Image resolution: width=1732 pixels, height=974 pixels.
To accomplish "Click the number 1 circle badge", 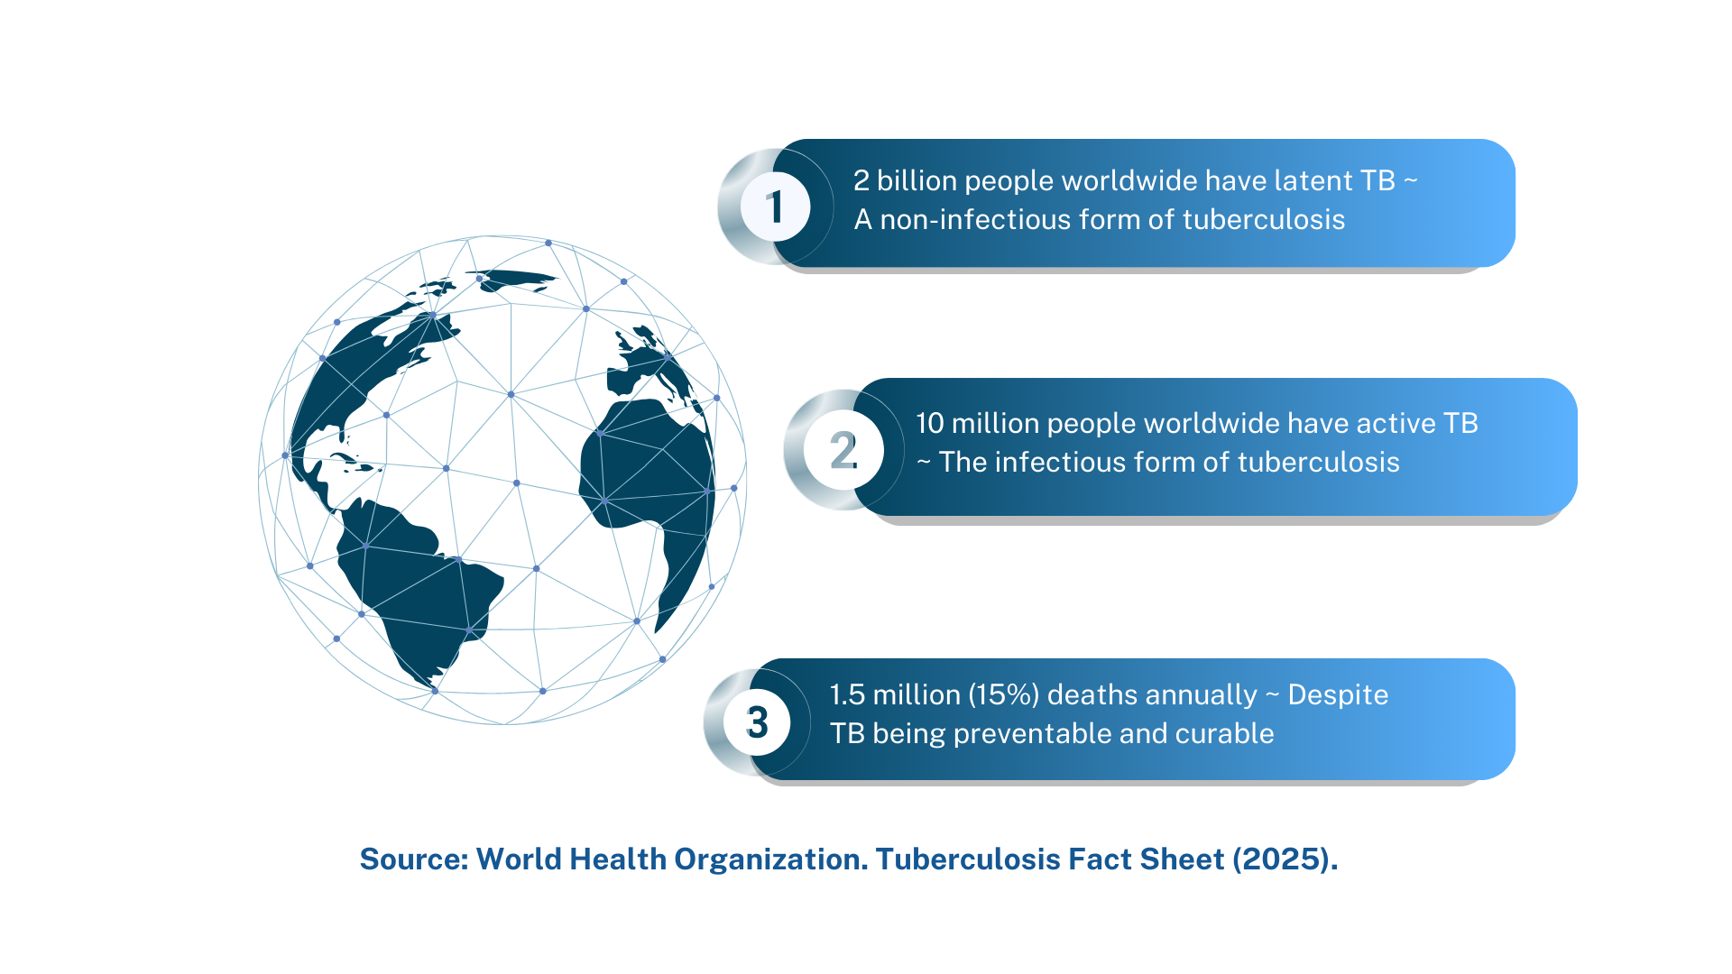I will point(775,207).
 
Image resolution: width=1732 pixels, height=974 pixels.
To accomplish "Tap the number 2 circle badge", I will point(843,450).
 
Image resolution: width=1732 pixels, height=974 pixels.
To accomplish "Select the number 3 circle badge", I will point(757,722).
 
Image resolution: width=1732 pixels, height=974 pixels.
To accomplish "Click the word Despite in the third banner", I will point(1338,695).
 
